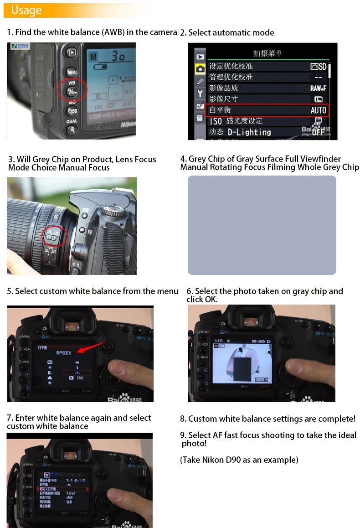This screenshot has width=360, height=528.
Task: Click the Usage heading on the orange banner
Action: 26,10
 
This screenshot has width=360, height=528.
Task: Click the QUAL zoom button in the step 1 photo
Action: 72,129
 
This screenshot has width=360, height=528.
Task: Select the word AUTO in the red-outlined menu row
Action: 318,110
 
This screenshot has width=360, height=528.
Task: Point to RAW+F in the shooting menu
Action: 318,88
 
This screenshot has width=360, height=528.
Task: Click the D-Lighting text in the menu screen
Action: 249,132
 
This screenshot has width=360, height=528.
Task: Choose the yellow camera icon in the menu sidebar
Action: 200,69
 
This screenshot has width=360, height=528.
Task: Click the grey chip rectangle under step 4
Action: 262,225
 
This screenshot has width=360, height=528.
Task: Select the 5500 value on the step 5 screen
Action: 80,378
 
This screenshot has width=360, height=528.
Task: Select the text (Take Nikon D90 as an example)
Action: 239,460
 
